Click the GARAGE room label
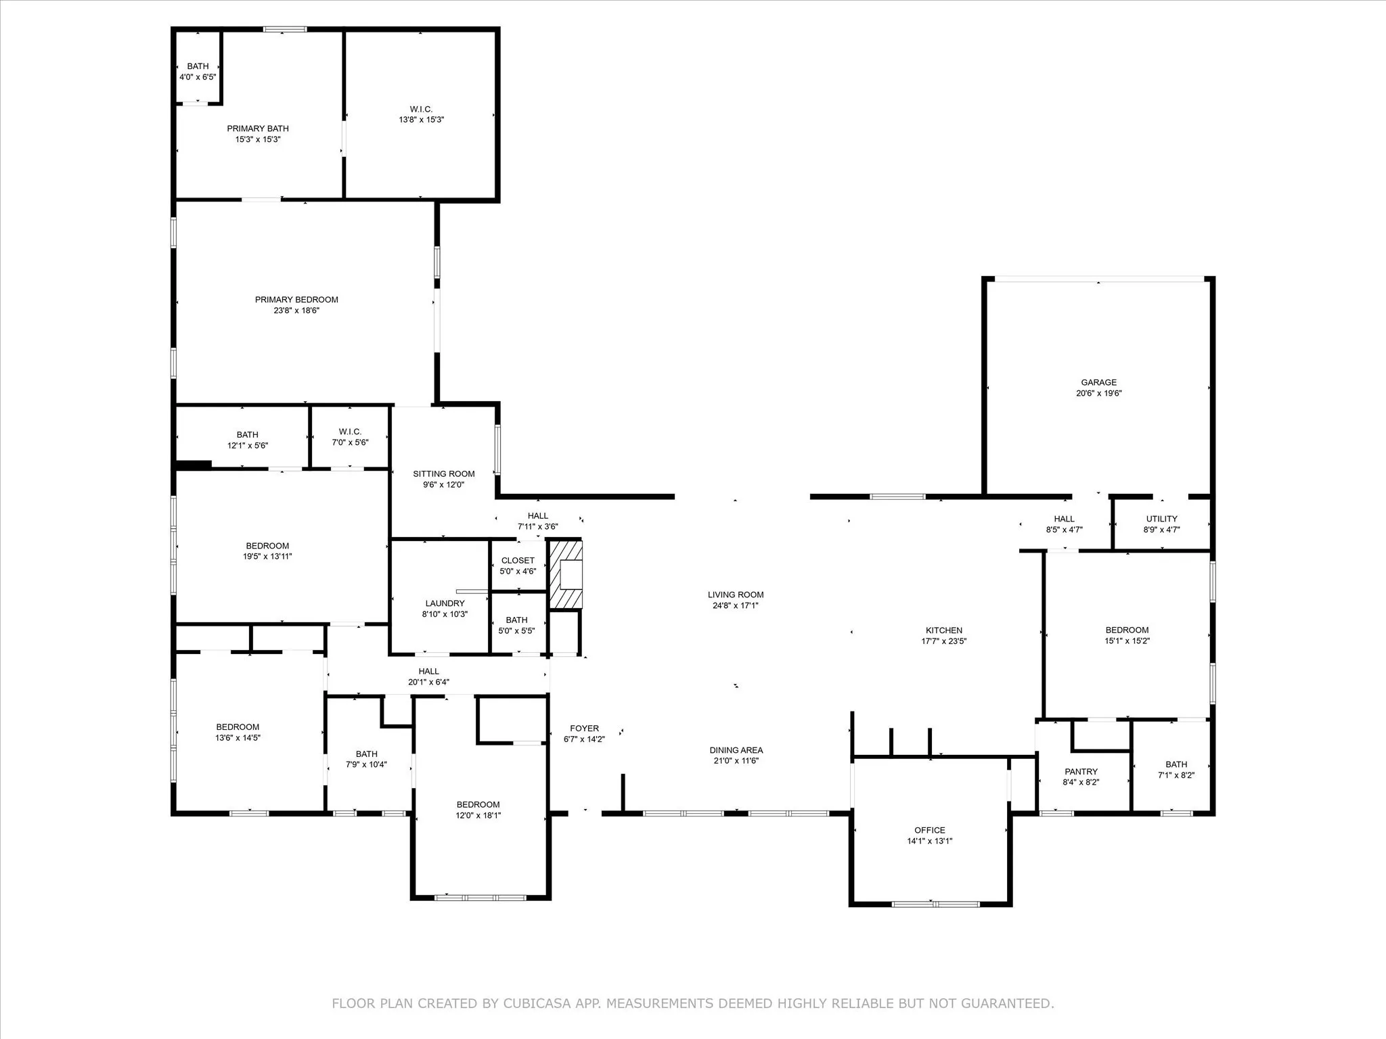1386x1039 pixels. click(x=1098, y=382)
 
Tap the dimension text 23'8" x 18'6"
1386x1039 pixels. click(x=296, y=310)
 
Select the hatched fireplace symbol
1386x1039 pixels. click(x=565, y=574)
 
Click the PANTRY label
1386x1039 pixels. click(x=1081, y=771)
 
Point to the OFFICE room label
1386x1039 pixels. click(x=929, y=830)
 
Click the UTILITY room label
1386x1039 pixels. click(x=1161, y=519)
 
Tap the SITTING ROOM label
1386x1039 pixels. click(x=444, y=474)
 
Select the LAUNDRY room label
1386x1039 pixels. click(x=445, y=603)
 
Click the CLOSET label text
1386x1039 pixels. click(x=518, y=560)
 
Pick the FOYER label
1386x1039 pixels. click(x=584, y=729)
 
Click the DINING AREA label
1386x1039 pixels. click(x=736, y=749)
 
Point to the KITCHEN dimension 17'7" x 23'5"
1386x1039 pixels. click(x=943, y=641)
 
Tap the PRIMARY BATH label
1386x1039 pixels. click(x=258, y=129)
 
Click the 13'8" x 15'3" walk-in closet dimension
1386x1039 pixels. click(x=421, y=120)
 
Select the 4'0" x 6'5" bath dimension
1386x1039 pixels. click(x=198, y=77)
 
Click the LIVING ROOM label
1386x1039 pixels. click(x=736, y=595)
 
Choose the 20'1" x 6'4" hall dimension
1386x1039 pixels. click(x=428, y=683)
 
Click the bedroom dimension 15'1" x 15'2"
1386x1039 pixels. click(x=1127, y=641)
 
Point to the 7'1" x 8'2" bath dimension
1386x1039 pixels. click(x=1176, y=775)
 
